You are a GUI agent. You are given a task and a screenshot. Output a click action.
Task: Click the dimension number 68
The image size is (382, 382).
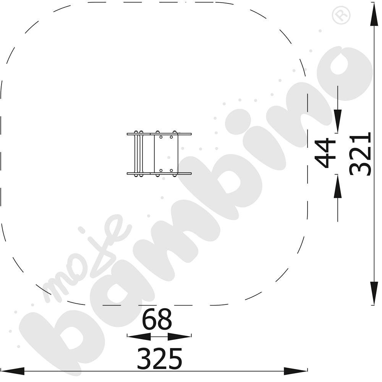pyautogui.click(x=157, y=319)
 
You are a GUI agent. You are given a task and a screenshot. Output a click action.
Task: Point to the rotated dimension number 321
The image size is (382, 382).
pyautogui.click(x=360, y=154)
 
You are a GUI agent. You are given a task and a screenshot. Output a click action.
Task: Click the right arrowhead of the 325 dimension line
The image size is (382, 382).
pyautogui.click(x=296, y=371)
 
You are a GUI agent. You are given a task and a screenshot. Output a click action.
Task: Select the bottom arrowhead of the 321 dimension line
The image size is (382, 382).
pyautogui.click(x=374, y=293)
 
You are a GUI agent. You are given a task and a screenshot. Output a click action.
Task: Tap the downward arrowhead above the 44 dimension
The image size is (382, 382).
pyautogui.click(x=337, y=121)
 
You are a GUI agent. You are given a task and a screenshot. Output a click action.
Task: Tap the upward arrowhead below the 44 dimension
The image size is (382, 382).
pyautogui.click(x=337, y=186)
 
